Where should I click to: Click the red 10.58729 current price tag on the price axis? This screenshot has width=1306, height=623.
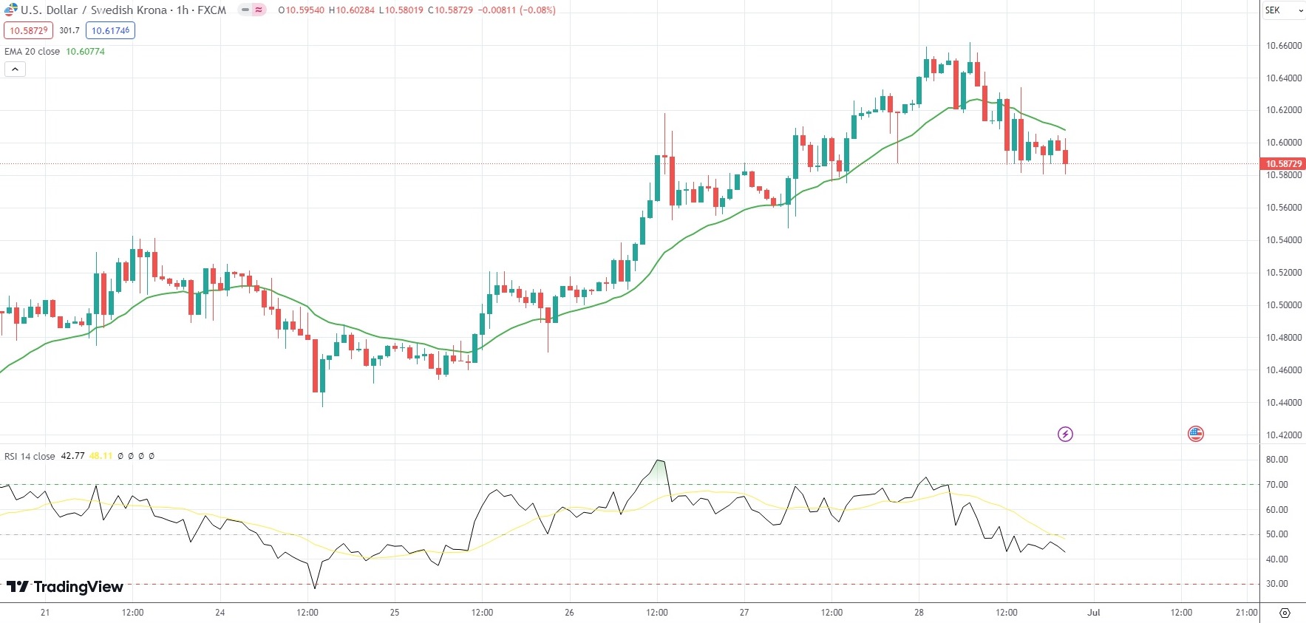tap(1283, 164)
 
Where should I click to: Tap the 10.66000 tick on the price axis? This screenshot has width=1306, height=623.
tap(1284, 46)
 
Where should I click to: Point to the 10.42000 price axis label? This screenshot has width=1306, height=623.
tap(1284, 435)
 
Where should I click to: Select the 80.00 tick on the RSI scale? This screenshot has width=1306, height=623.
tap(1276, 460)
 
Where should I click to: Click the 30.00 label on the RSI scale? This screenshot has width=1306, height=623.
tap(1276, 584)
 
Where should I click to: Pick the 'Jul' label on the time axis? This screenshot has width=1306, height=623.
tap(1094, 613)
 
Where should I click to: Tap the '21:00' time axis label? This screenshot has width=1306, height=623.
tap(1246, 613)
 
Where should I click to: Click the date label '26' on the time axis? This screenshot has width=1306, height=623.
tap(569, 613)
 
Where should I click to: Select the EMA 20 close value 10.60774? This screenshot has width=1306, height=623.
tap(85, 52)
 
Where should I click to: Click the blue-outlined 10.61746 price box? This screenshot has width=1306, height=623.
tap(110, 30)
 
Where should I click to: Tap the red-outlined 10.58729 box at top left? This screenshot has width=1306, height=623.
tap(29, 30)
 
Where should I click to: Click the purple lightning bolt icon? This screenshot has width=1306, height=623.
tap(1065, 434)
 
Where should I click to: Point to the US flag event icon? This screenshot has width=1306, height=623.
tap(1196, 434)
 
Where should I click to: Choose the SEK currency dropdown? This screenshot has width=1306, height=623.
tap(1282, 10)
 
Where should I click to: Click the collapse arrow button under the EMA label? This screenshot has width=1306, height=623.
tap(15, 69)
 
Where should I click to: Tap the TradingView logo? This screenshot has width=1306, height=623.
tap(65, 587)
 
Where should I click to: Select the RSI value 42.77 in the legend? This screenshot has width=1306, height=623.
tap(72, 456)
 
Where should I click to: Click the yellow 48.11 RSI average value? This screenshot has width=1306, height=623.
tap(101, 456)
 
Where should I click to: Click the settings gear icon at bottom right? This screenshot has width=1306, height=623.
tap(1285, 613)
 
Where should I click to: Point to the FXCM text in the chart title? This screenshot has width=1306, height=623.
tap(211, 10)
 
